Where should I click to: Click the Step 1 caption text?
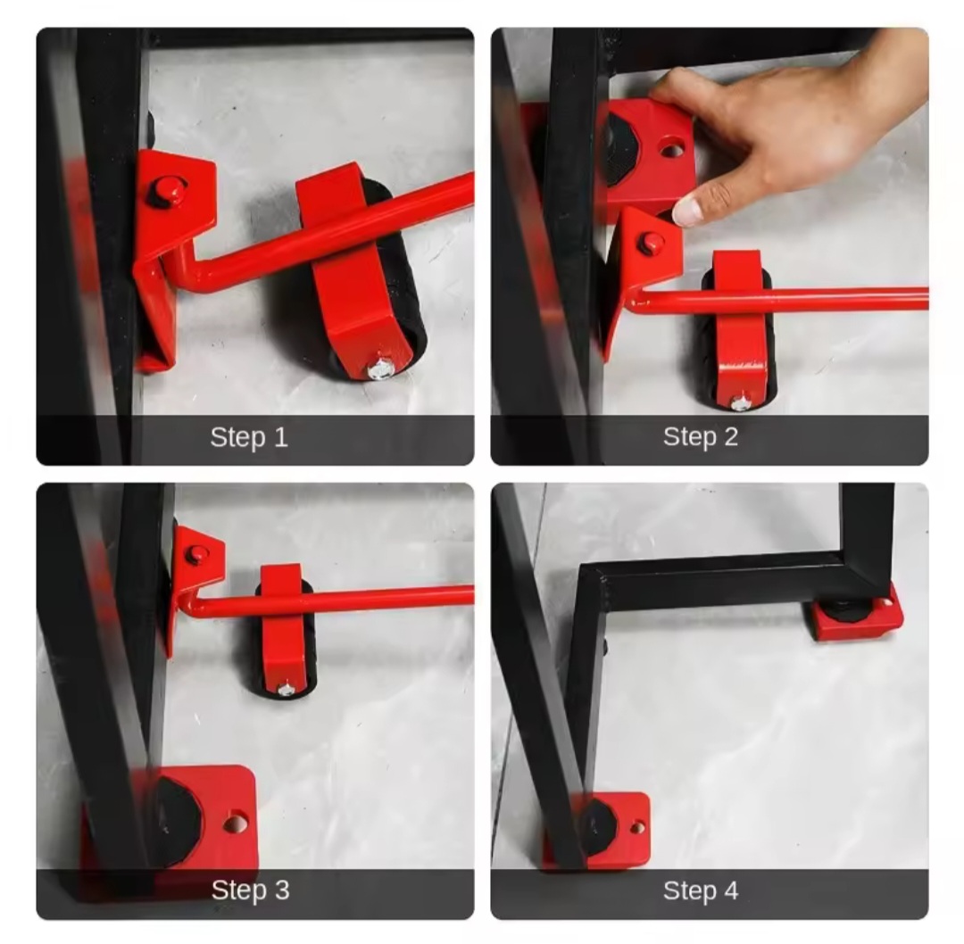point(249,437)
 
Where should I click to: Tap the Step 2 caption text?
point(701,437)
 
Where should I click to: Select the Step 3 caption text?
point(250,890)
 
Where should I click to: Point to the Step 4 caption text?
point(701,890)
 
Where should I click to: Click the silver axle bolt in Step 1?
point(381,369)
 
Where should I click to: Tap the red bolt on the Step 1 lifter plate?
point(167,191)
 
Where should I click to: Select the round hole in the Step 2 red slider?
point(673,149)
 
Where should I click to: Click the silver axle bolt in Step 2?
point(741,402)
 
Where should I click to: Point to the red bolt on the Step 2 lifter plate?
point(651,244)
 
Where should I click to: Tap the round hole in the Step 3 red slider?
point(236,823)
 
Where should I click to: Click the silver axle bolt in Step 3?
point(286,689)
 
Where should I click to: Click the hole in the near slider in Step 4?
point(638,828)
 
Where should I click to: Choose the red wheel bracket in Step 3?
point(284,627)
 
